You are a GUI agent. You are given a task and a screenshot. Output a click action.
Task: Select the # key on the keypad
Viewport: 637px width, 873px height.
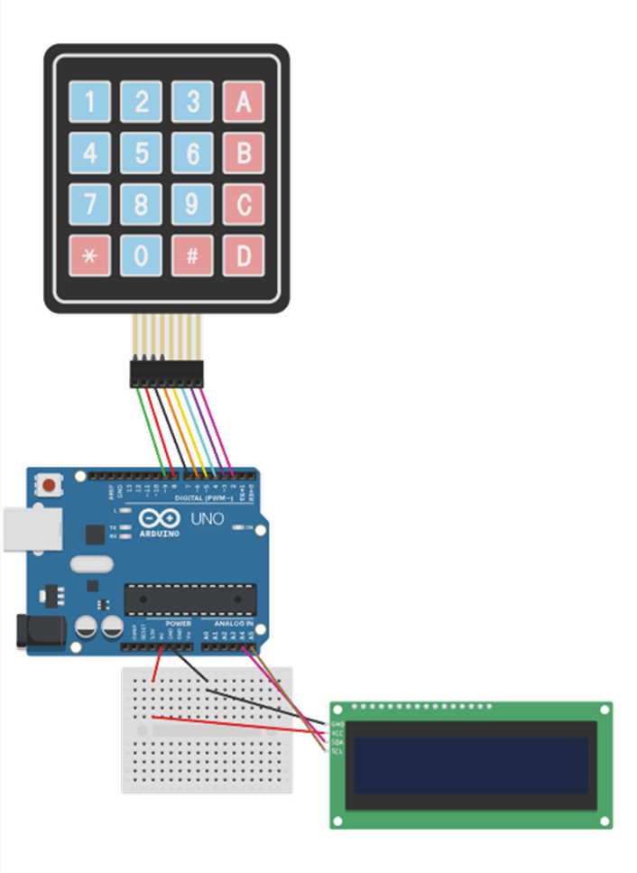click(192, 255)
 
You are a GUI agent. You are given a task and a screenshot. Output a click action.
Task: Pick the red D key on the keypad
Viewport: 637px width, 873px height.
click(244, 255)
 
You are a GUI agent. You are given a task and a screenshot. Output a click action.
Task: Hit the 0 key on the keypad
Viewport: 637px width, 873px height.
click(142, 255)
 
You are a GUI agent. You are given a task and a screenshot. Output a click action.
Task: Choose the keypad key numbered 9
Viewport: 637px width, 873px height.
click(192, 204)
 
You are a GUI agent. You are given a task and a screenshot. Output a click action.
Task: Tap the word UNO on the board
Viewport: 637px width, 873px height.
click(208, 519)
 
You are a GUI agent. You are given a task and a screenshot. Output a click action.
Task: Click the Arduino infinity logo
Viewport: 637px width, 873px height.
click(158, 520)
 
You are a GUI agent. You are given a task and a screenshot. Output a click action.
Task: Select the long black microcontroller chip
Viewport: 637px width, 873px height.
click(190, 598)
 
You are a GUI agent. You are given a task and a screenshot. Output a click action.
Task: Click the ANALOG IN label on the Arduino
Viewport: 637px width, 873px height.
click(233, 624)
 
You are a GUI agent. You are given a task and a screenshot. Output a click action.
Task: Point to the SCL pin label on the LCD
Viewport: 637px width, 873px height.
click(337, 751)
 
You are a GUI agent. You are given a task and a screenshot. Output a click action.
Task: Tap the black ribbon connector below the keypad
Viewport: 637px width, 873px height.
click(167, 374)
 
